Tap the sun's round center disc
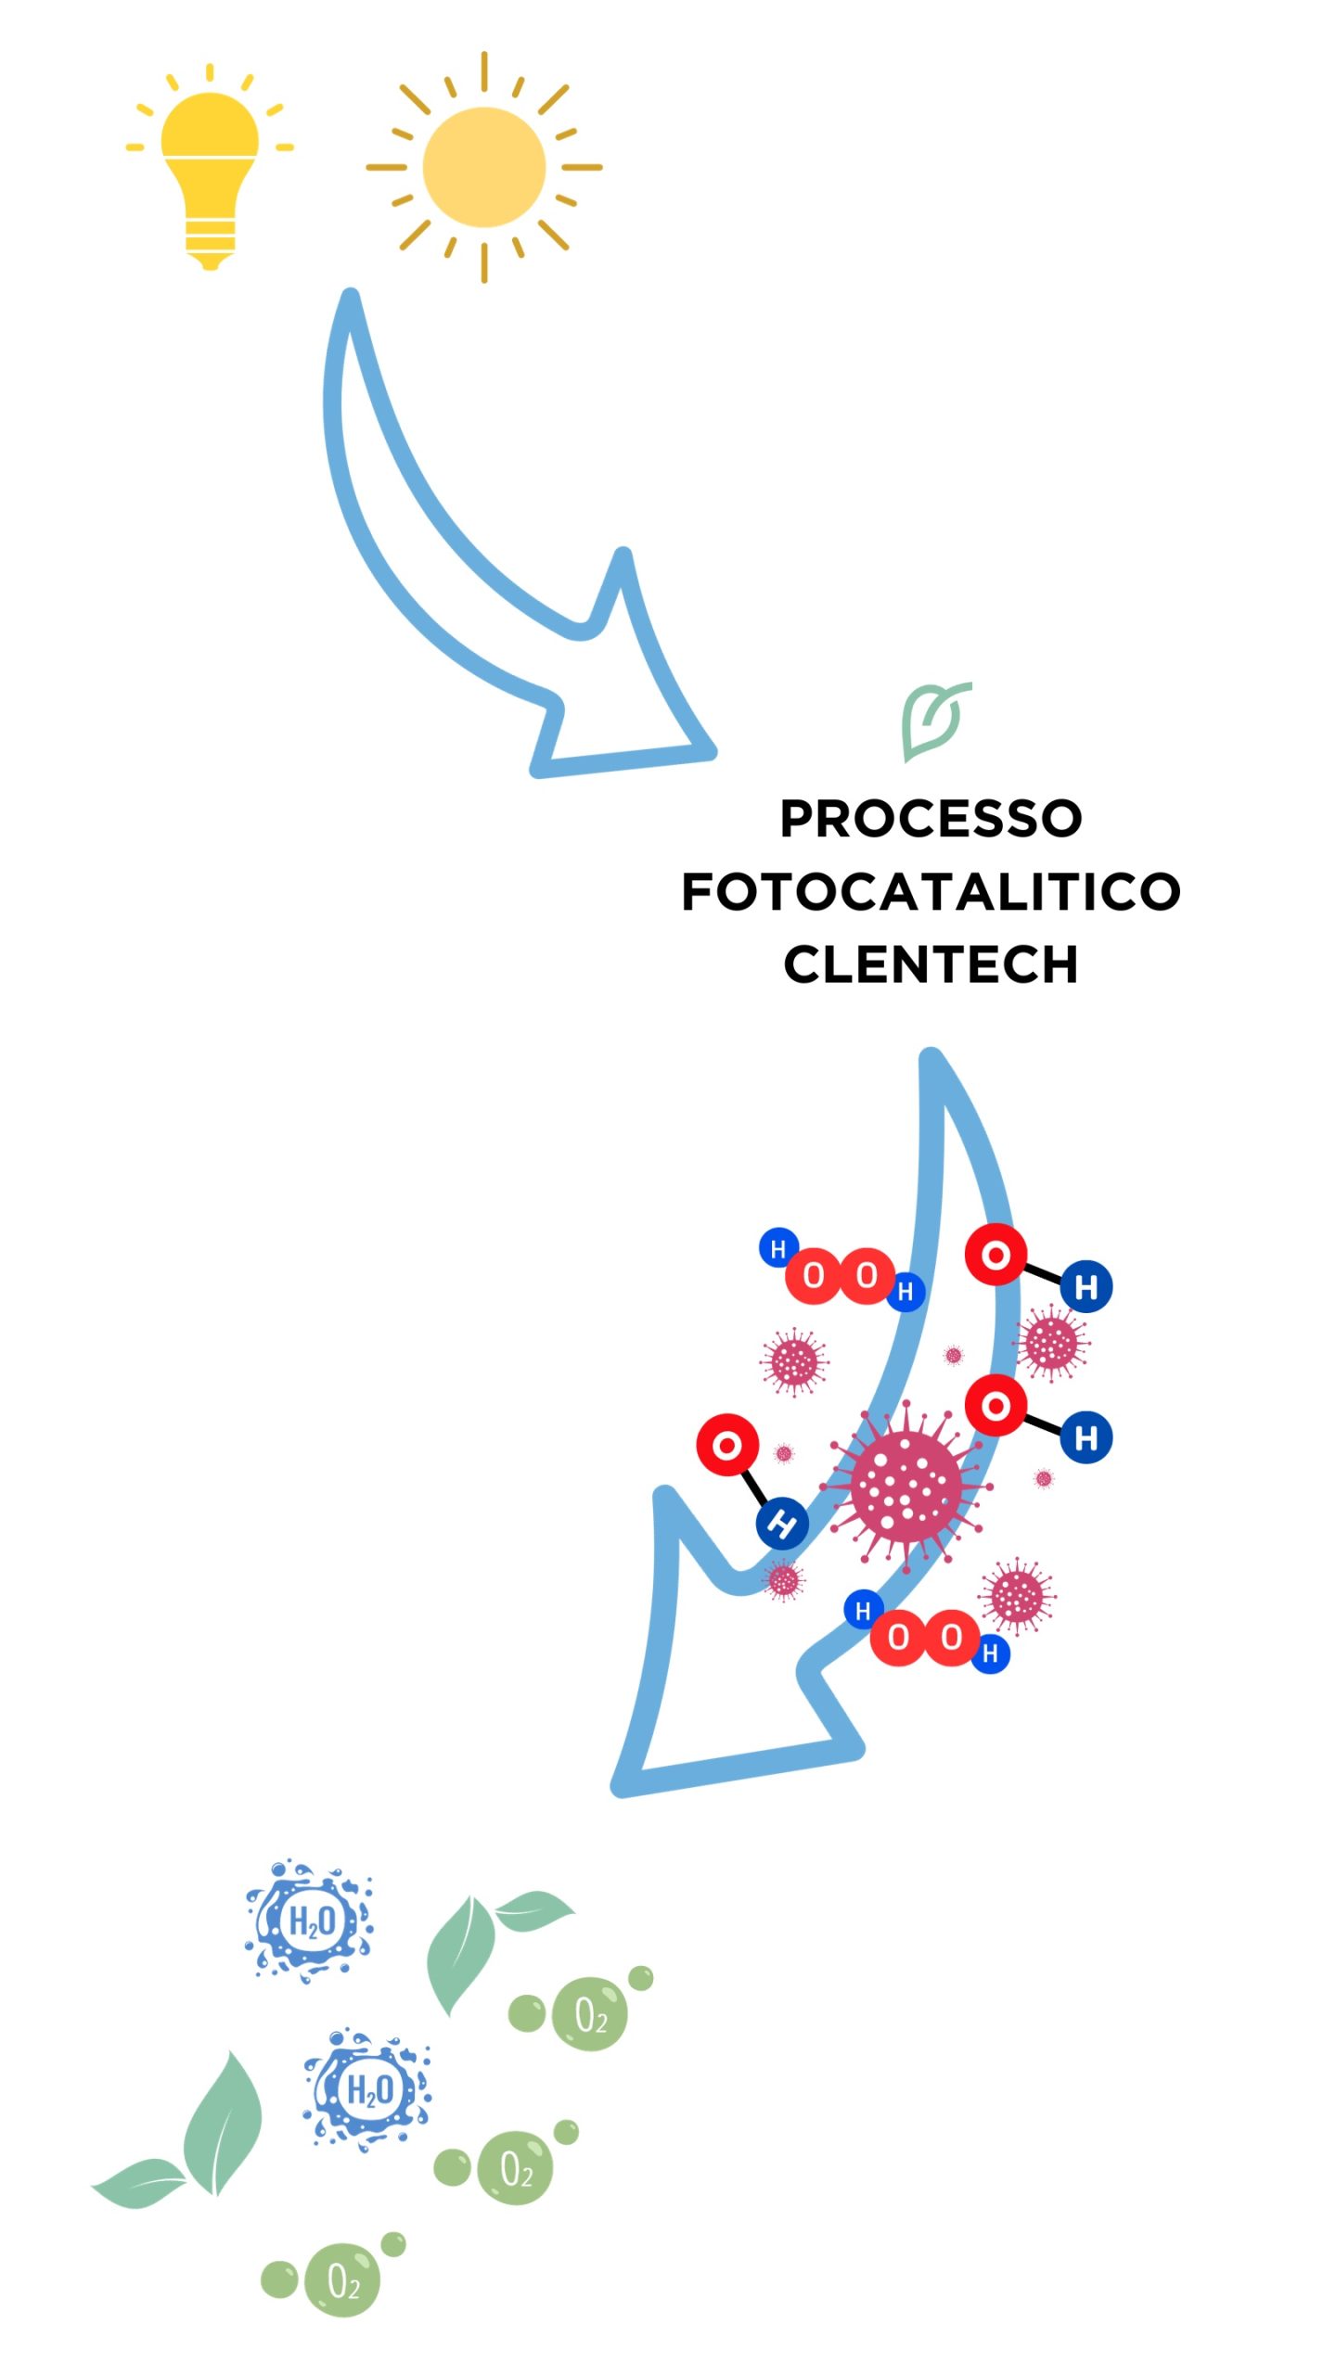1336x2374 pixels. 483,167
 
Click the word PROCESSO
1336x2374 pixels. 931,818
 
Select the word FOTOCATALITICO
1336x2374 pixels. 931,891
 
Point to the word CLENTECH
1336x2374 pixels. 931,964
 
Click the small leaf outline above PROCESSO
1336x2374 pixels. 932,720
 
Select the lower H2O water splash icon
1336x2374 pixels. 368,2090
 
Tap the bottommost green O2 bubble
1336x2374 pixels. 342,2280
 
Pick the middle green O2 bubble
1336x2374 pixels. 515,2168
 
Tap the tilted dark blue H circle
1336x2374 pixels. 782,1523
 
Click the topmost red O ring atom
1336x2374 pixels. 996,1256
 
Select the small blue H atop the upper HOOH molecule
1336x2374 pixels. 778,1248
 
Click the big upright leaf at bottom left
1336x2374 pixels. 223,2124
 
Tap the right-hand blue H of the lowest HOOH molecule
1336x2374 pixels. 990,1653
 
